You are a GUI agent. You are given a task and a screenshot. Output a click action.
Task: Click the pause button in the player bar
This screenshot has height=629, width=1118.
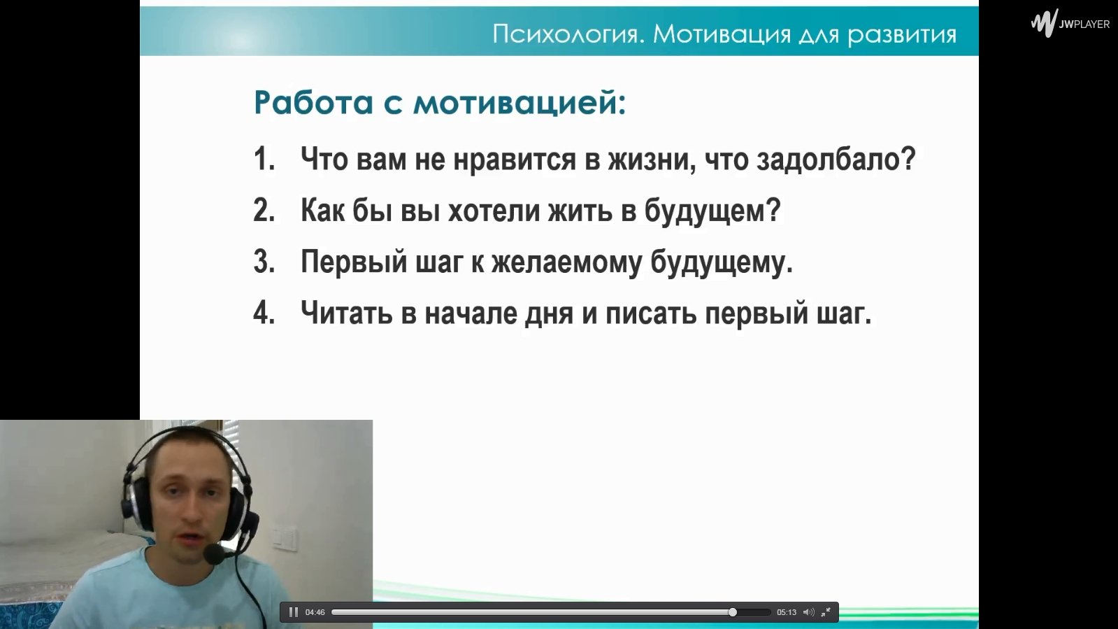pos(294,612)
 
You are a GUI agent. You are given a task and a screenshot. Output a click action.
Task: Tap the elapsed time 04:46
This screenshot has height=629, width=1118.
pos(315,612)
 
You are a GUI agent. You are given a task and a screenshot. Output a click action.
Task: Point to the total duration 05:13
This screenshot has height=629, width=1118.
pos(787,612)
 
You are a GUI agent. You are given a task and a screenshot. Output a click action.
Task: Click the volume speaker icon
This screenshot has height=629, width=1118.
pos(809,612)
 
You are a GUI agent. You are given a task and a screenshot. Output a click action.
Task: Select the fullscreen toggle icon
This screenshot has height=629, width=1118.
pos(826,612)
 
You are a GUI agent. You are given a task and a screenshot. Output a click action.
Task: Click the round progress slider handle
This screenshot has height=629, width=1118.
pos(732,612)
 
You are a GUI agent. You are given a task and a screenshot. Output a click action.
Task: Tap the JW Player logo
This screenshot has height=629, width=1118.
pos(1070,24)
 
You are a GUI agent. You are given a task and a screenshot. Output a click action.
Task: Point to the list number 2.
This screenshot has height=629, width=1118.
pos(264,211)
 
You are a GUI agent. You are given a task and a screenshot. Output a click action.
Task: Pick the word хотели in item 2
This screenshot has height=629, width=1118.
pos(494,211)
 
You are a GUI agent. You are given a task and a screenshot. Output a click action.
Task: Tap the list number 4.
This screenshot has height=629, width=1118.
pos(264,313)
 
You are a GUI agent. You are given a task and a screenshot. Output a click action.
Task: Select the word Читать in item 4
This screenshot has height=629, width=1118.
pos(346,313)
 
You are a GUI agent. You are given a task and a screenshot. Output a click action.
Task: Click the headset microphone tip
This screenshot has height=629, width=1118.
pos(214,554)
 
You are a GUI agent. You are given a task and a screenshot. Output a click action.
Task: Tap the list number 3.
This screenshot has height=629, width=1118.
pos(264,262)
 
